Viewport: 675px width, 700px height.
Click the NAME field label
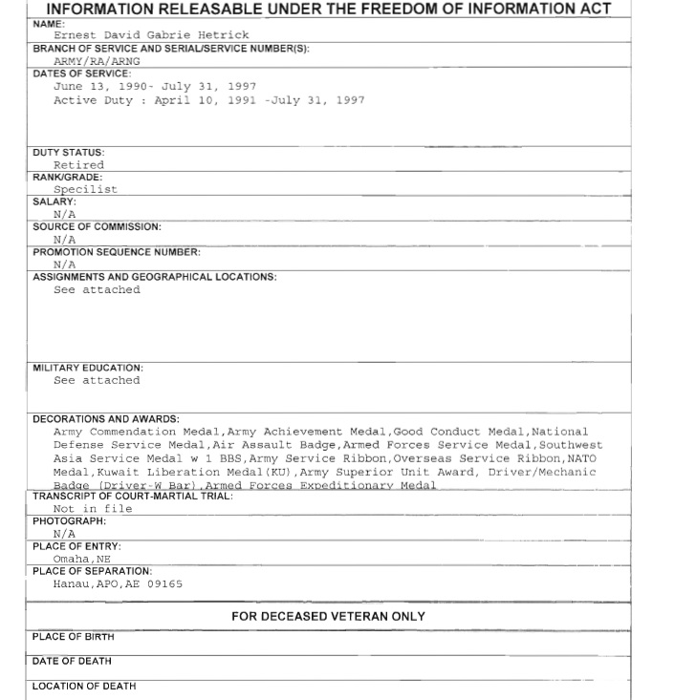[x=49, y=23]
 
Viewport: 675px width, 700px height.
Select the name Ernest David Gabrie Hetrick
[x=151, y=35]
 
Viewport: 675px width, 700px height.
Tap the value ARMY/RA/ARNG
[x=97, y=60]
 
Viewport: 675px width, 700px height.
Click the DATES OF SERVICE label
[x=81, y=73]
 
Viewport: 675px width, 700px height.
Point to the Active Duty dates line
[x=208, y=100]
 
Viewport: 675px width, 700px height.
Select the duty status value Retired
[x=78, y=165]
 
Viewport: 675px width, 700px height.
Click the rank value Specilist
[x=85, y=189]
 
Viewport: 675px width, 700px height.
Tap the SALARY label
[x=54, y=202]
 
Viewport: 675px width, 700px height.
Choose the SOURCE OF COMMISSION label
[x=97, y=227]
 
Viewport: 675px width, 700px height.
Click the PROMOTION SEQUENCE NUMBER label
[x=117, y=252]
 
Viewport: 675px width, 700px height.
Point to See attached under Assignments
[x=97, y=290]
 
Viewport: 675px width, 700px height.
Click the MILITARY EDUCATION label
[x=88, y=368]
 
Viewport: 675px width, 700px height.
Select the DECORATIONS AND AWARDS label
[x=106, y=418]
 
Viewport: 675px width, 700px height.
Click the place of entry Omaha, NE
[x=82, y=559]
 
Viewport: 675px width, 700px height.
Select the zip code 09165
[x=163, y=583]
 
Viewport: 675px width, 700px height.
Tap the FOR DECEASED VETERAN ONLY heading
[x=328, y=617]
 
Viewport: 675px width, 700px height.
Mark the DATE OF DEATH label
[x=72, y=661]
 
